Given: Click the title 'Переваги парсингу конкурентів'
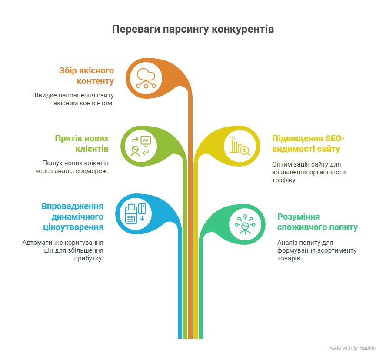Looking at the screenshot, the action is tap(193, 29).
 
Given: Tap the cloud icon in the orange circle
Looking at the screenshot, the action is tap(146, 78).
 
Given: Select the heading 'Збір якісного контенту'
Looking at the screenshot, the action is tap(87, 76).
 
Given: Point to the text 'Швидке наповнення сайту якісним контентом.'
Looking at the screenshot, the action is tap(73, 99).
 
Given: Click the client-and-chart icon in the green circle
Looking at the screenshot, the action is tap(141, 146).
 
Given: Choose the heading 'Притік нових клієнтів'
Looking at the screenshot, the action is tap(82, 143).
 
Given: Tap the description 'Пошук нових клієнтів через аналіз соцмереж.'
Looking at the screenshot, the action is tap(72, 167).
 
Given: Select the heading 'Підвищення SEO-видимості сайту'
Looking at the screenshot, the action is tap(308, 143).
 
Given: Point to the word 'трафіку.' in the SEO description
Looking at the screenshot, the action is tap(284, 180).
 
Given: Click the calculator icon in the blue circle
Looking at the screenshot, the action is tap(136, 214).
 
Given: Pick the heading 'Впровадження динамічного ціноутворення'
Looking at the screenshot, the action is tap(72, 217).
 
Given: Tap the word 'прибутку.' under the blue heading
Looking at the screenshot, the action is tap(89, 258).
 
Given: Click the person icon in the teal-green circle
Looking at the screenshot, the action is tap(245, 224).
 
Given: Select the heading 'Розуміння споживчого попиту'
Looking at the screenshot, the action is tap(317, 222).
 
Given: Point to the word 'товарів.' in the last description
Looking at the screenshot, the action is tap(289, 258).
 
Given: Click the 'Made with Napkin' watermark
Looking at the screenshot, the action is tap(352, 348).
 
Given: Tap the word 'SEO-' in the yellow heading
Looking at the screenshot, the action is tap(335, 138).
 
